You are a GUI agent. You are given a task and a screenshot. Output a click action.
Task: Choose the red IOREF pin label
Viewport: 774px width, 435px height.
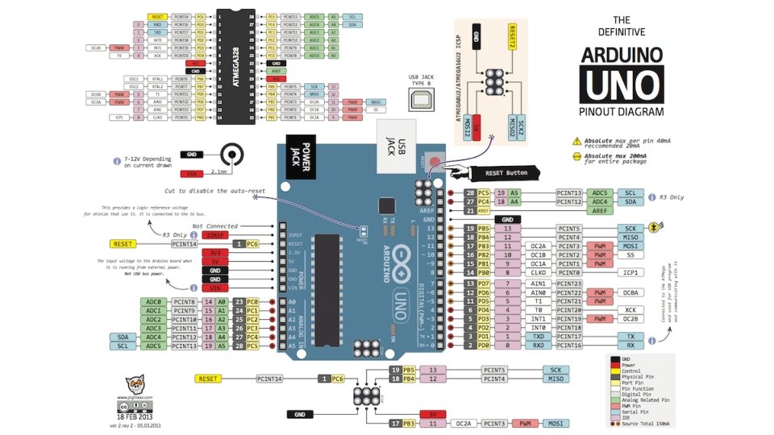(x=214, y=235)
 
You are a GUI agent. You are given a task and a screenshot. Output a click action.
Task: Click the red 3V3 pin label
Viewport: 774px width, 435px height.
(x=214, y=252)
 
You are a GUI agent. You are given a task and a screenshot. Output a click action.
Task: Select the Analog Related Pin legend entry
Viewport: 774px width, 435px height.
(x=648, y=400)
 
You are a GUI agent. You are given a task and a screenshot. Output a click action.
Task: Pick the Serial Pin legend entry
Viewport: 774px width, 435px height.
(x=642, y=412)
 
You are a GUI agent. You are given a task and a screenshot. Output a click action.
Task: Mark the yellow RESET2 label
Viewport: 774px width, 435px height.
(x=511, y=38)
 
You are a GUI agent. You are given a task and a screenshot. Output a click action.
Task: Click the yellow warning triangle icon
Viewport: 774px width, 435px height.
(x=576, y=140)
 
